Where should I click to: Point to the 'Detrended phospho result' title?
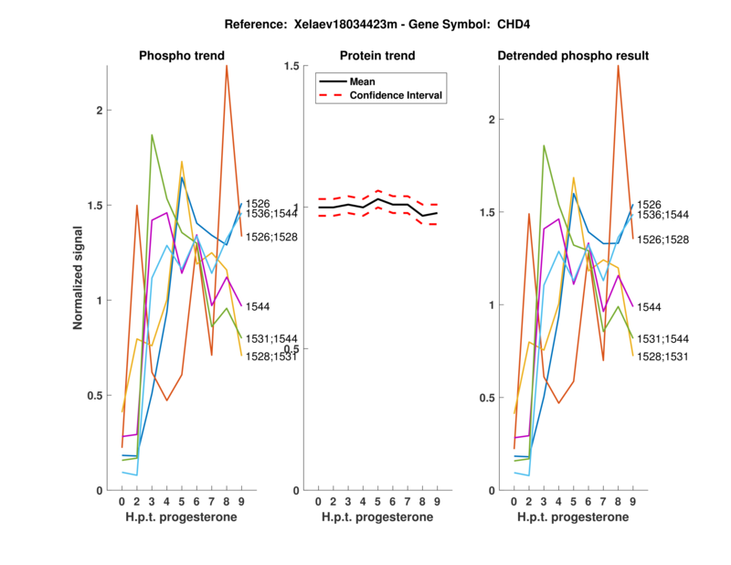(x=573, y=56)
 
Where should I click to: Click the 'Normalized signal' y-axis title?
(x=79, y=278)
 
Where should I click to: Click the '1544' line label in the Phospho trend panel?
(x=259, y=307)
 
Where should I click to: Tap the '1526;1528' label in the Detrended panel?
(x=662, y=240)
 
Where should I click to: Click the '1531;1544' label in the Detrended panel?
(x=662, y=338)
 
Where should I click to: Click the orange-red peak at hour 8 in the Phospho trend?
(x=227, y=66)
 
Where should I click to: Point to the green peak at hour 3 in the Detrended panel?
(x=544, y=144)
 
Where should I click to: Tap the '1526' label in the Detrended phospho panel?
(x=650, y=205)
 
